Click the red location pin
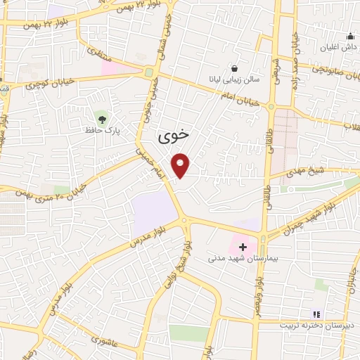pyautogui.click(x=182, y=165)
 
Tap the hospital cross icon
pyautogui.click(x=243, y=247)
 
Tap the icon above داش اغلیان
pyautogui.click(x=349, y=36)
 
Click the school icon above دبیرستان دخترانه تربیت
pyautogui.click(x=316, y=314)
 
